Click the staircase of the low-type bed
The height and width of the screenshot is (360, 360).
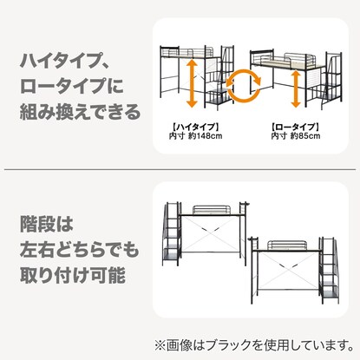coord(333,91)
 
